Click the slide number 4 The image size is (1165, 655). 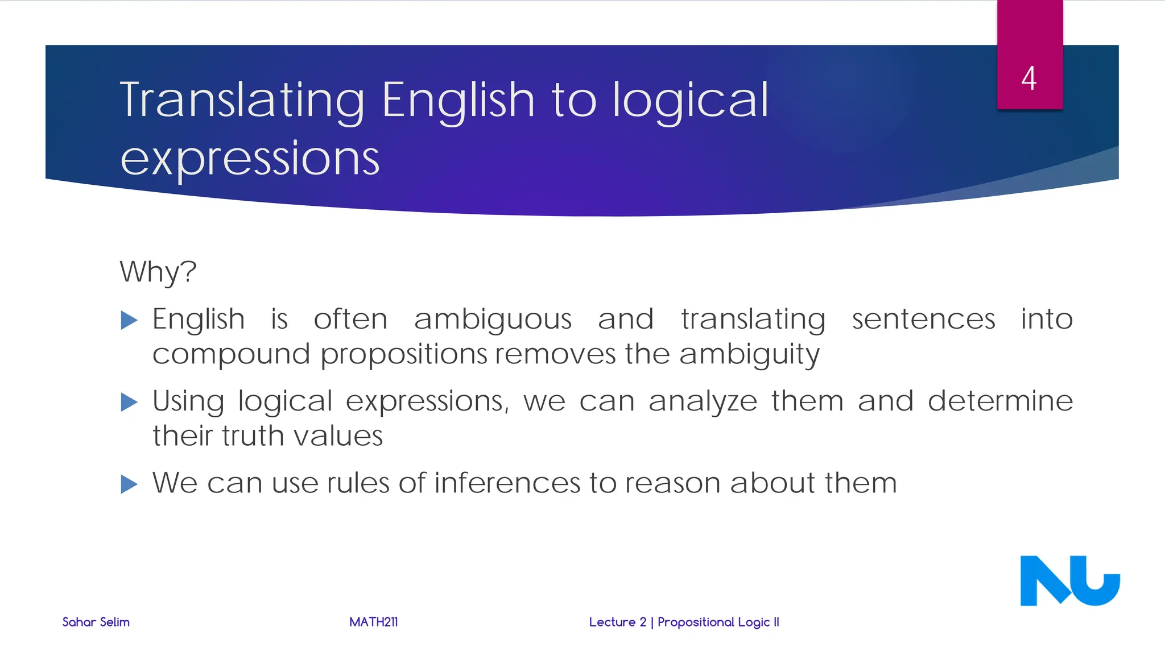(x=1028, y=78)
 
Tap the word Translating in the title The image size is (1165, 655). (x=242, y=100)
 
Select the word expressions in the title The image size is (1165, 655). (x=250, y=159)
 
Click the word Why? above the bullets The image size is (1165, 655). (x=158, y=272)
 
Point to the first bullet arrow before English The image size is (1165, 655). (x=129, y=320)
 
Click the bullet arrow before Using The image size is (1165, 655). (x=129, y=403)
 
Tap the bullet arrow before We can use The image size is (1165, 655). (x=129, y=484)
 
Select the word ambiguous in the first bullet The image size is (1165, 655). (x=493, y=320)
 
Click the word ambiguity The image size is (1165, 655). (x=749, y=355)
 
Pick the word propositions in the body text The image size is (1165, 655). (x=404, y=355)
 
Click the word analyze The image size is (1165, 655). (x=703, y=401)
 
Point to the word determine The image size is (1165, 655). (x=1000, y=401)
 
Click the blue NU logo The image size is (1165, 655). (x=1069, y=581)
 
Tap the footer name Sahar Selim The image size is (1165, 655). (x=96, y=622)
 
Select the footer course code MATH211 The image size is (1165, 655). (x=373, y=622)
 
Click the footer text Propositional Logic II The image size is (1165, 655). (x=718, y=622)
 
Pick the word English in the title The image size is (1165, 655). (x=458, y=100)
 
